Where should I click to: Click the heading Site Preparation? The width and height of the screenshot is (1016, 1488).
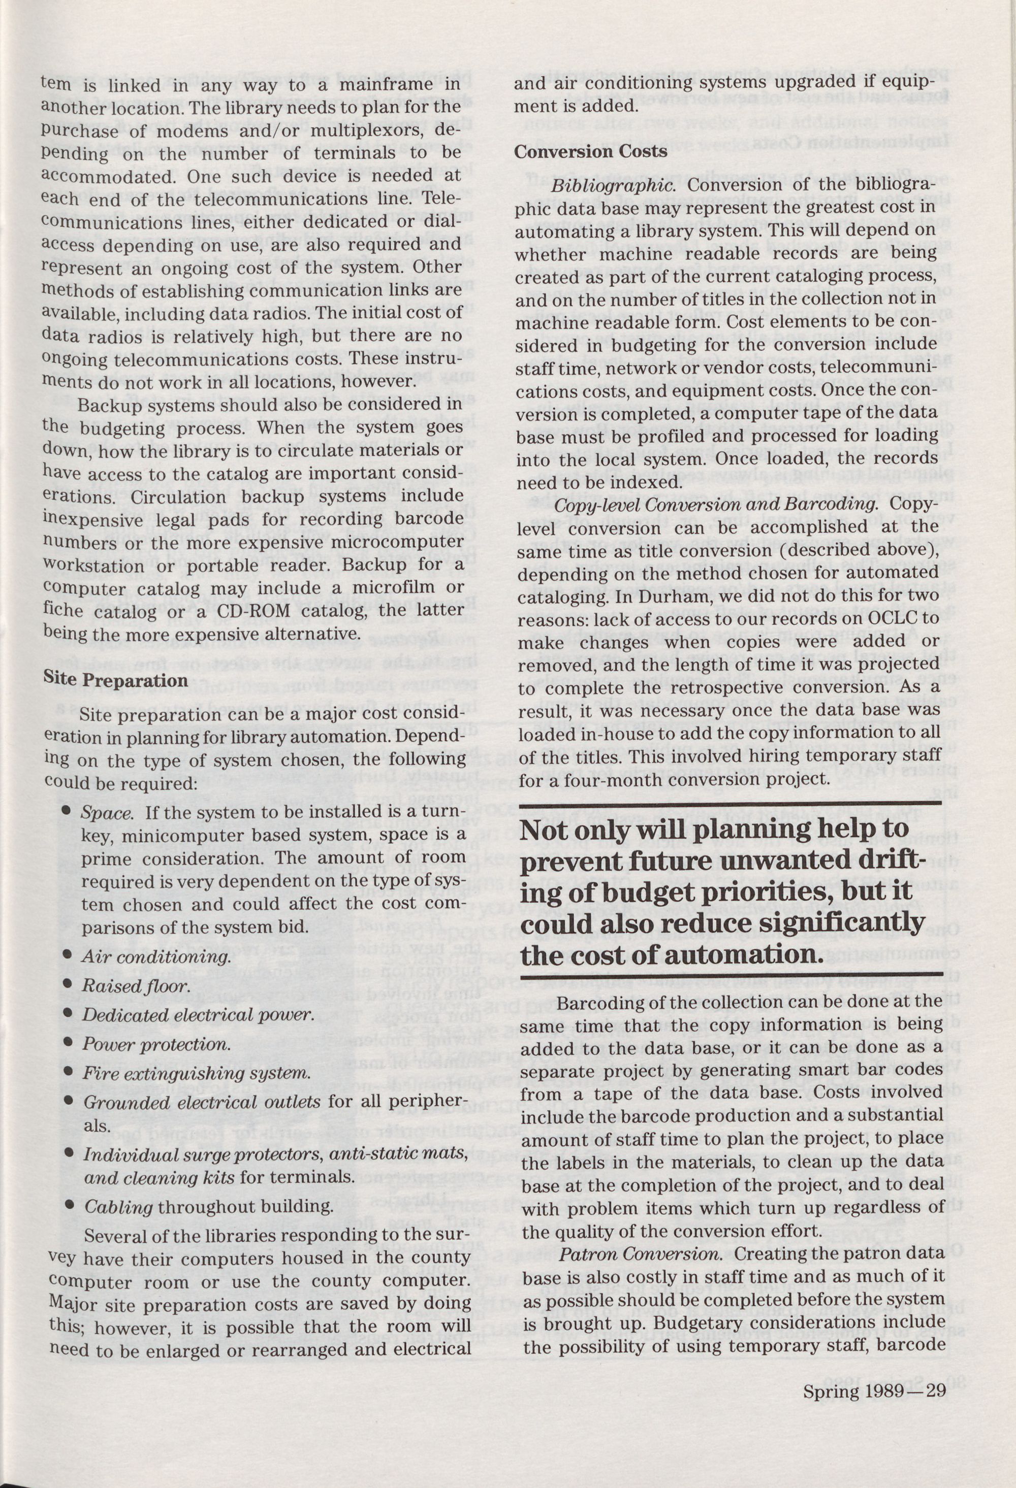(x=115, y=679)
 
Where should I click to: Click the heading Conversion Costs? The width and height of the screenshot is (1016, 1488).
(x=590, y=152)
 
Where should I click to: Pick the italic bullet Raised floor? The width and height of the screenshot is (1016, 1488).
(x=135, y=986)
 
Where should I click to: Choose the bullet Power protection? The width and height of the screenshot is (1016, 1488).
(x=155, y=1044)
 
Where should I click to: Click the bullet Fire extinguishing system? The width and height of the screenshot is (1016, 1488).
(x=197, y=1074)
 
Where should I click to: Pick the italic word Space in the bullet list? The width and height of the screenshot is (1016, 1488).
(x=106, y=813)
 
